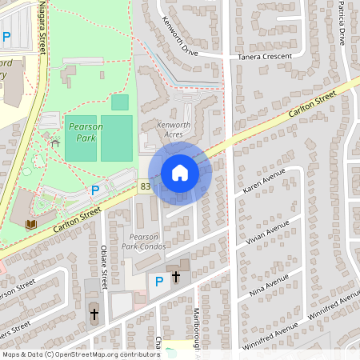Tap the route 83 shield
145,186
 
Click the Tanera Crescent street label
266,58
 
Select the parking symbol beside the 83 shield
96,190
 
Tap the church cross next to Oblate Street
94,314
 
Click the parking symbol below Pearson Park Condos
158,280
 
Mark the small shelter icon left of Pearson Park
54,142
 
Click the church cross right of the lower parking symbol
176,277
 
